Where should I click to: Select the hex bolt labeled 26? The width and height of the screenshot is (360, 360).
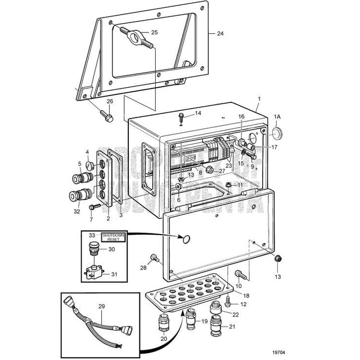coord(106,116)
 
